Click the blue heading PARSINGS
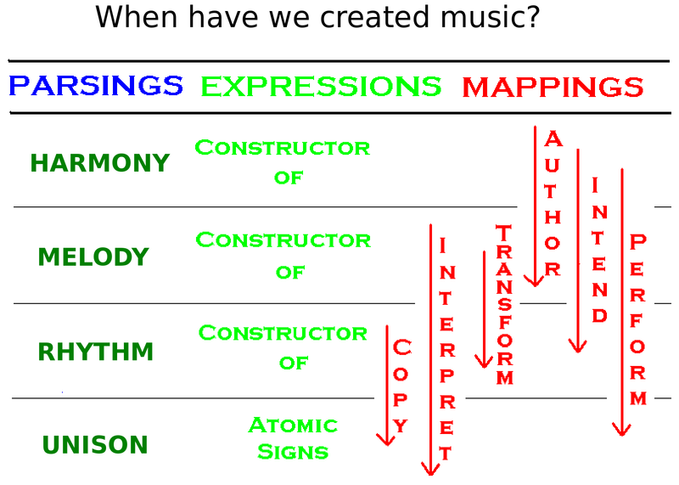[96, 85]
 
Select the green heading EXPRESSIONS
[321, 86]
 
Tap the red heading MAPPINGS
[553, 87]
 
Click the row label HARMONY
[99, 163]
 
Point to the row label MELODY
[93, 257]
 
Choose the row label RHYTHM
[96, 351]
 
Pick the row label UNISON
[95, 445]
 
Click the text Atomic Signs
[293, 438]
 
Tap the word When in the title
[137, 17]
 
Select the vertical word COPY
[401, 386]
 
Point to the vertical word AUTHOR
[553, 204]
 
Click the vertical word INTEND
[600, 250]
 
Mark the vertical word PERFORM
[638, 319]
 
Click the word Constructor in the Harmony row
[283, 148]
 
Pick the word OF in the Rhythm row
[294, 363]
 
